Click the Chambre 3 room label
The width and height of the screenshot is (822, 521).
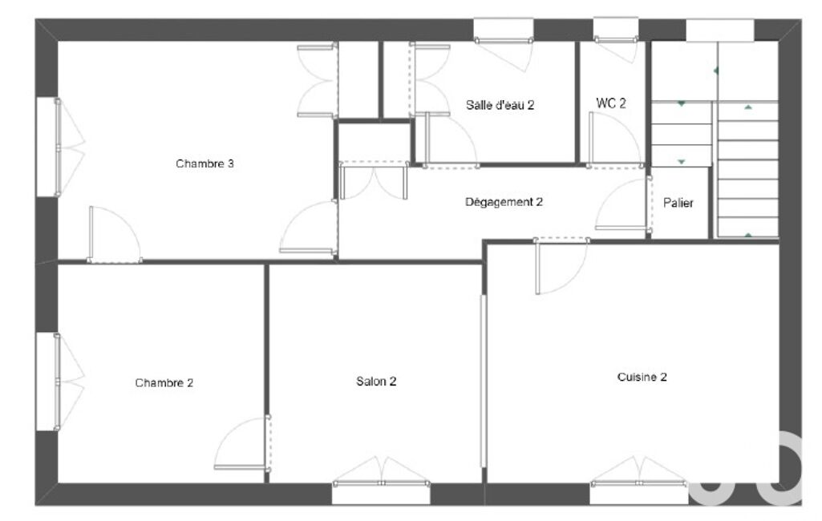tap(204, 164)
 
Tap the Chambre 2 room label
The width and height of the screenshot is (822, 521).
tap(164, 382)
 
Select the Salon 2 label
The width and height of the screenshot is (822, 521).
tap(376, 381)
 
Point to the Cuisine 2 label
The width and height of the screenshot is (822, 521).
tap(642, 377)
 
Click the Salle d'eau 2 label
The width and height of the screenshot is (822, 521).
tap(500, 105)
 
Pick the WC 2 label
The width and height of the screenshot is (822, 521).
tap(611, 103)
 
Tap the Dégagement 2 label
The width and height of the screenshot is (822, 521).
tap(504, 202)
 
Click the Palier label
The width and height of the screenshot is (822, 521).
tap(678, 203)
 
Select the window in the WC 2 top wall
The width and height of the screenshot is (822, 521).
tap(616, 30)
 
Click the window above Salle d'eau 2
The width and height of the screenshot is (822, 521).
tap(504, 30)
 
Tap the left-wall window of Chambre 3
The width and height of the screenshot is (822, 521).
tap(48, 147)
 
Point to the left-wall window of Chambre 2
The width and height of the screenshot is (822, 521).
tap(48, 382)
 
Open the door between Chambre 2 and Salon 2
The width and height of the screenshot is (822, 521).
tap(242, 443)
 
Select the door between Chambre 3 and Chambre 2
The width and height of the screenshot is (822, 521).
tap(115, 234)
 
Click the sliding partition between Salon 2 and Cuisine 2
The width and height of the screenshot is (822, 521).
tap(484, 381)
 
